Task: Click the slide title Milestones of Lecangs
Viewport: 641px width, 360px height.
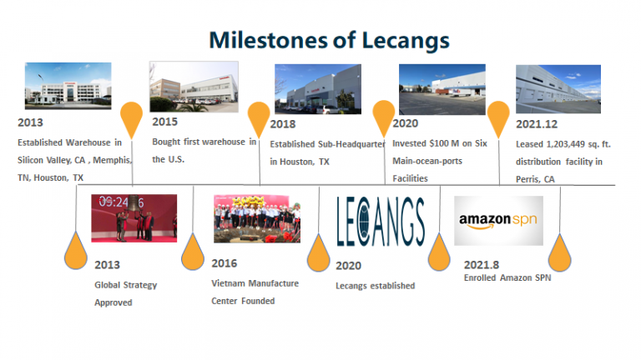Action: pyautogui.click(x=329, y=39)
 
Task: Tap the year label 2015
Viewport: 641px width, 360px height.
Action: pyautogui.click(x=165, y=121)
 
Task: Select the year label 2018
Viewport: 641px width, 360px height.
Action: pyautogui.click(x=283, y=124)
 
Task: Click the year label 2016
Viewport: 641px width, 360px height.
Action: pyautogui.click(x=225, y=263)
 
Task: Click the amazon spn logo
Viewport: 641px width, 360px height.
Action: pyautogui.click(x=498, y=221)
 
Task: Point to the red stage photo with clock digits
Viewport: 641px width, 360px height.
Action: pyautogui.click(x=134, y=218)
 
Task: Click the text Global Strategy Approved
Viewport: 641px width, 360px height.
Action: pyautogui.click(x=125, y=294)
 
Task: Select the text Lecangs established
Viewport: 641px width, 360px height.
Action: pyautogui.click(x=375, y=286)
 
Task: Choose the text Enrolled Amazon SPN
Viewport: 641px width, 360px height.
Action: pyautogui.click(x=507, y=277)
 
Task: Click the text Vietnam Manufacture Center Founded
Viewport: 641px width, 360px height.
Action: pyautogui.click(x=255, y=292)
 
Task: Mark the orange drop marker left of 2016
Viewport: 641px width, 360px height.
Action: pyautogui.click(x=193, y=251)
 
